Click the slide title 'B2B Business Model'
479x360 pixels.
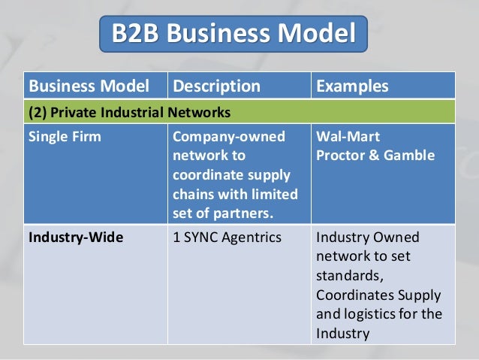tap(233, 34)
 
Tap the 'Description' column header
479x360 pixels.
tap(216, 86)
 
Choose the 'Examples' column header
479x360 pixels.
tap(352, 86)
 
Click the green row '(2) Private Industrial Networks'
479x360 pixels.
tap(128, 113)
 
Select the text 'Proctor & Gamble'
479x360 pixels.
tap(375, 156)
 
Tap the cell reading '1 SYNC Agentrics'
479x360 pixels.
tap(227, 238)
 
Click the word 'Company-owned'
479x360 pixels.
tap(228, 137)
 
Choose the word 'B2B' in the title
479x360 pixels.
tap(137, 34)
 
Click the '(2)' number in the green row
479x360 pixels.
tap(37, 113)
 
